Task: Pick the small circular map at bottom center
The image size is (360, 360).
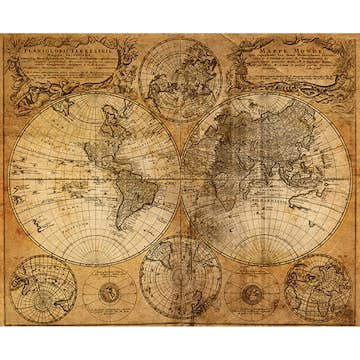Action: pos(180,276)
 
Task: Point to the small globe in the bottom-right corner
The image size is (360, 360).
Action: pos(318,288)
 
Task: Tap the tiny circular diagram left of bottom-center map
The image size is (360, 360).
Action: pos(110,292)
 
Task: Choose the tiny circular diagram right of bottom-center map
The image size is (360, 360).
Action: pos(251,292)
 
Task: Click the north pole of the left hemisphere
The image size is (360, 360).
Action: pos(95,94)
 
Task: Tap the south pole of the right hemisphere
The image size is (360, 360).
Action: pos(266,263)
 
